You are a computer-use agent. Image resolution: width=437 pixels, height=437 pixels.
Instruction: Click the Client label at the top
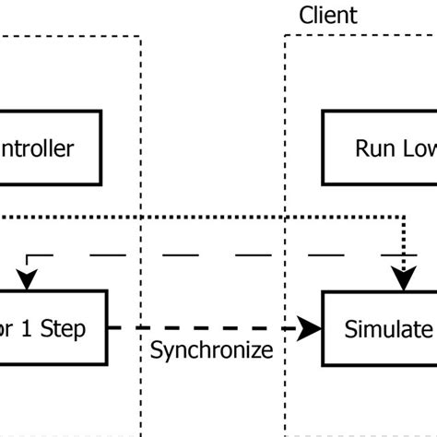tap(328, 16)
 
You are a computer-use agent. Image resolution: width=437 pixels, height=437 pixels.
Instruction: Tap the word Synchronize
tap(211, 350)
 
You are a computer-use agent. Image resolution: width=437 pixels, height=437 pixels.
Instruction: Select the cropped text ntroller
tap(37, 149)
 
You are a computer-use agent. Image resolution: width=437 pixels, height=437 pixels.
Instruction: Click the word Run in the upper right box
tap(374, 149)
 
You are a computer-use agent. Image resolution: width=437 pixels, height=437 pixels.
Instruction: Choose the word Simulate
tap(388, 328)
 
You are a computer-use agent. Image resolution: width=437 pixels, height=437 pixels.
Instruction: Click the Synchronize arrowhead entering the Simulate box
tap(314, 328)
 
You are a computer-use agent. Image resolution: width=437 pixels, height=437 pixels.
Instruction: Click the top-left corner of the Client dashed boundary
tap(285, 36)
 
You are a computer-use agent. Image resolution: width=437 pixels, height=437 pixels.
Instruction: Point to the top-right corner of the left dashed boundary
tap(141, 36)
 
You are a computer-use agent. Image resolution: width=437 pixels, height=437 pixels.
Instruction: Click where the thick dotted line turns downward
tap(404, 218)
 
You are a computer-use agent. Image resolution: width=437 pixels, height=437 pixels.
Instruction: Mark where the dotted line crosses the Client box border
tap(285, 218)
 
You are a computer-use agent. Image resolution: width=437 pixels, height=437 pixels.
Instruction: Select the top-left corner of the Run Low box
tap(323, 112)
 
